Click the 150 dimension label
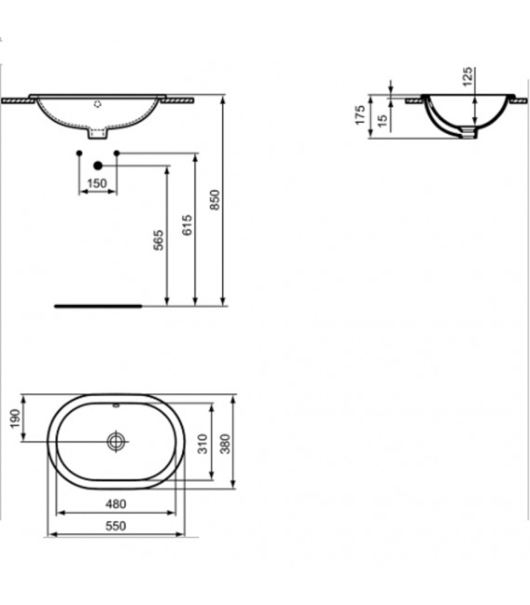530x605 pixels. coord(98,184)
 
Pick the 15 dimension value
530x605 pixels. coord(381,120)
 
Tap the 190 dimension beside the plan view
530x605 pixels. coord(13,419)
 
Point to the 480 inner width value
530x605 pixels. coord(114,504)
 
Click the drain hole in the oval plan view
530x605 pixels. coord(116,441)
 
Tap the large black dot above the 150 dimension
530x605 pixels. coord(98,165)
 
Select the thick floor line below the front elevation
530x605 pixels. coord(98,305)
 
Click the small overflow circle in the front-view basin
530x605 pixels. coord(98,105)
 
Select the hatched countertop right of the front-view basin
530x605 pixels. coord(179,98)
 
